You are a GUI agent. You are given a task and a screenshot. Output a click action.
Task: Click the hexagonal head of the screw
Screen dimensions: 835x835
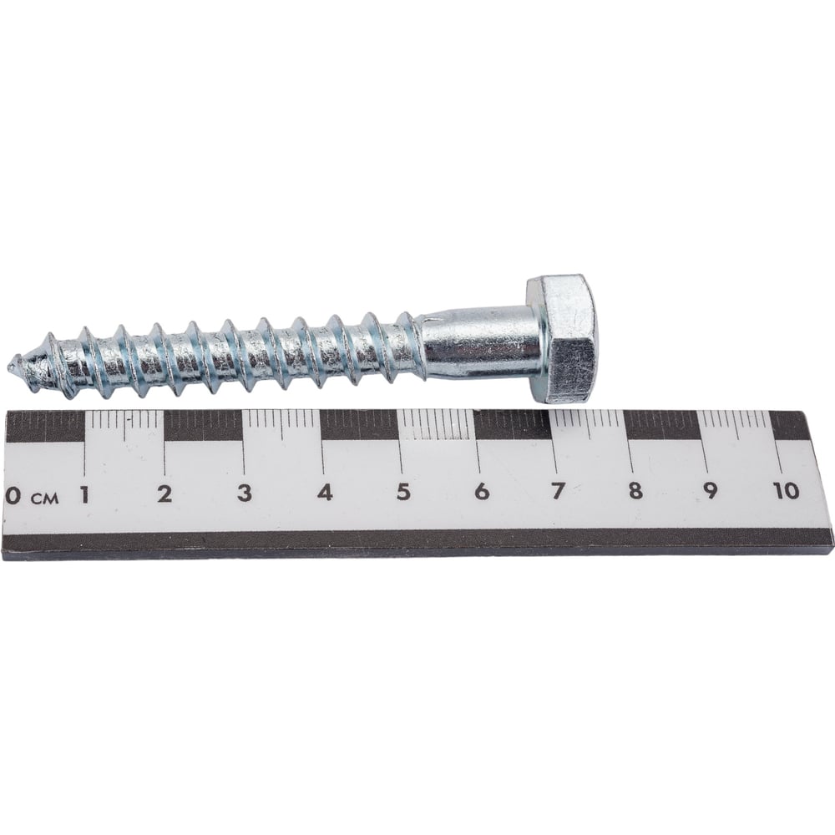(562, 339)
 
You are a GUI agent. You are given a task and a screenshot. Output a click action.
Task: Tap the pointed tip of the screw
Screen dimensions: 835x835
(10, 367)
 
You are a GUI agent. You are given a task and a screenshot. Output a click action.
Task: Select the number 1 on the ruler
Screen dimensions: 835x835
(84, 495)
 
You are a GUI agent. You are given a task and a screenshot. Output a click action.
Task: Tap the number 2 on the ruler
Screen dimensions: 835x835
(165, 494)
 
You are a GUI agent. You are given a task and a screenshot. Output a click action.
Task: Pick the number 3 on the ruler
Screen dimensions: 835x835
(245, 493)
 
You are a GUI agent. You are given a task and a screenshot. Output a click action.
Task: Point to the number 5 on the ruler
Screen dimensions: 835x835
(403, 492)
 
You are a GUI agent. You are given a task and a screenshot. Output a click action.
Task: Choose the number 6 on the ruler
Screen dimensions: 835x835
(482, 491)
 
